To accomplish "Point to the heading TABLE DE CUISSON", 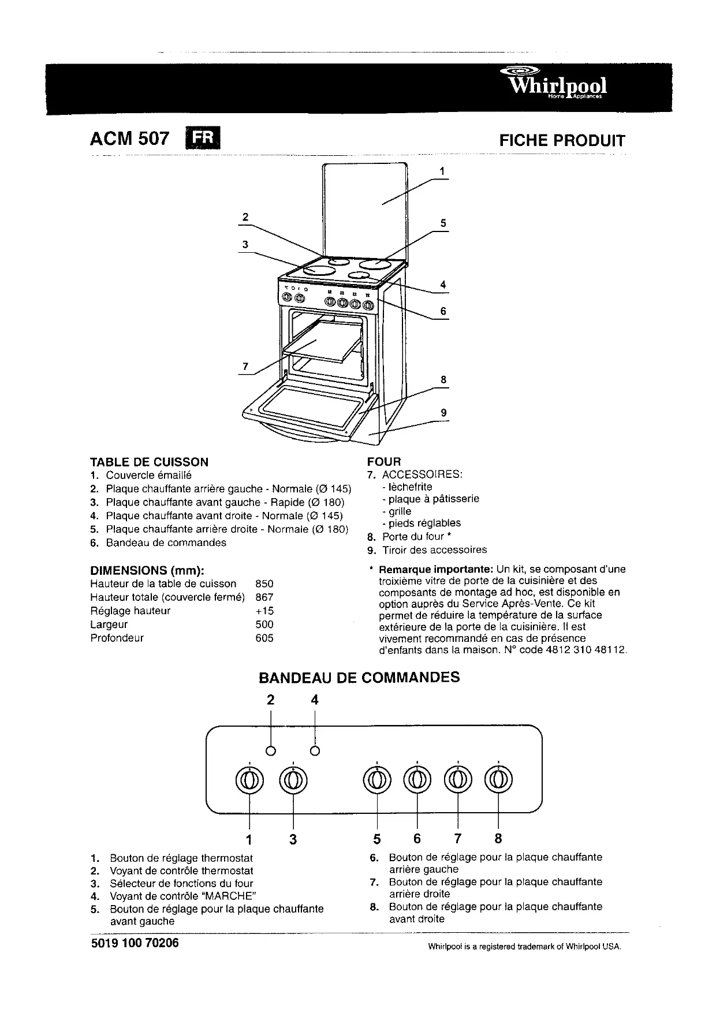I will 149,462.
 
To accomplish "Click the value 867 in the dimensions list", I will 264,597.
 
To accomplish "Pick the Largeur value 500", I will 264,624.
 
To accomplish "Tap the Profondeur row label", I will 117,638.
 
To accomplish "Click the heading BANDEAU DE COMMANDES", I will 359,677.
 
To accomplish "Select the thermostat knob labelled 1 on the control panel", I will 249,780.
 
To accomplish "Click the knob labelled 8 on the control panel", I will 498,780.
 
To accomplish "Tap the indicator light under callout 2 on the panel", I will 270,751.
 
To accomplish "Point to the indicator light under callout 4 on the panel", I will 315,751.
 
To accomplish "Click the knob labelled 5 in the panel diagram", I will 376,780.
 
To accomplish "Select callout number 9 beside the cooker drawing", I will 443,413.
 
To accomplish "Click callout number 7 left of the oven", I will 245,367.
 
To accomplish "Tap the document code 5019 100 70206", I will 135,944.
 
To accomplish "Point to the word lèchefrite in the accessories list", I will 410,487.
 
